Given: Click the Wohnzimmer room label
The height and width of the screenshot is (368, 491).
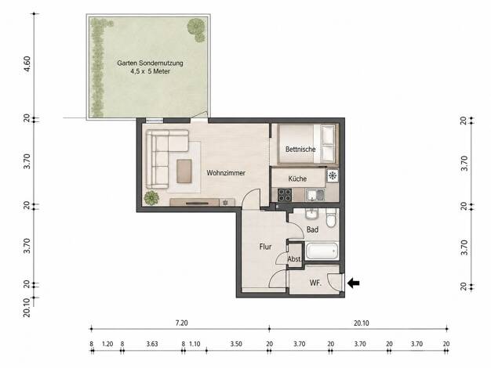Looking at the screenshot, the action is [226, 173].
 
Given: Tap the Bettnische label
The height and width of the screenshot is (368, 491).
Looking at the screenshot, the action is [300, 150].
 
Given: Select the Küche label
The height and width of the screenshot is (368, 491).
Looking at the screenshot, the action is [297, 179].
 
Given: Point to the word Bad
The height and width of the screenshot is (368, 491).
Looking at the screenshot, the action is [312, 230].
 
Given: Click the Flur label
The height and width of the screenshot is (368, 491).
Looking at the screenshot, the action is [265, 247].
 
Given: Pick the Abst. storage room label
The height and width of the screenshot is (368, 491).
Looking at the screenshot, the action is [294, 259].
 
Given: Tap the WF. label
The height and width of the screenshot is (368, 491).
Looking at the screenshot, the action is [315, 283].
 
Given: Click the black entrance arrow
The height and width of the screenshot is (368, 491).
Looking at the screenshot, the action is [354, 283].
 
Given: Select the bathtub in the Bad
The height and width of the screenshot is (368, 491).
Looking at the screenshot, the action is [322, 251].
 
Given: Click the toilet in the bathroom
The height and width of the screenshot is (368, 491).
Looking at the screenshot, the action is [331, 218].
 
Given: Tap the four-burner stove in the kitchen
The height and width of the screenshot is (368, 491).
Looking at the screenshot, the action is [285, 195].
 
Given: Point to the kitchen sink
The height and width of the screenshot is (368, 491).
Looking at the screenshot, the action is [315, 195].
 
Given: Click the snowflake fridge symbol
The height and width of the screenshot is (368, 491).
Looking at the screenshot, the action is [333, 175].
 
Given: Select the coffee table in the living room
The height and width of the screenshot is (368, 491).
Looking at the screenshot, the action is [184, 171].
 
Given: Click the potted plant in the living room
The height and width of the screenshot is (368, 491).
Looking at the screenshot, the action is [151, 198].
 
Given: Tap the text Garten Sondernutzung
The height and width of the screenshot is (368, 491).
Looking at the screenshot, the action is [150, 63].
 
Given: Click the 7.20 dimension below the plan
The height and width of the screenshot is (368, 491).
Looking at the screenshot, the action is [182, 323].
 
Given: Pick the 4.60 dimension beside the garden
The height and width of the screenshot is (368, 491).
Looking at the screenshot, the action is [27, 63].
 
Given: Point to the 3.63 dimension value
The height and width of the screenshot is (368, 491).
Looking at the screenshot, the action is [152, 344].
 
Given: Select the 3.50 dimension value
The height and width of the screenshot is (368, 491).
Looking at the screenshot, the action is [236, 344].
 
